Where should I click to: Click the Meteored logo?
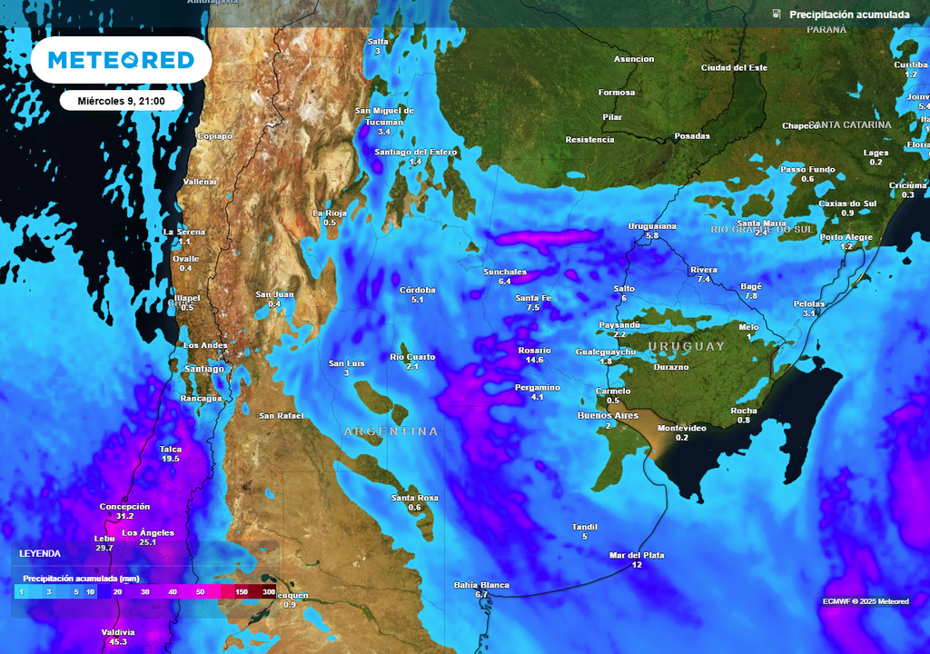(121, 60)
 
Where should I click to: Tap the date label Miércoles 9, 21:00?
(121, 101)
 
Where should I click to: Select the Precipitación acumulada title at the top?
(848, 15)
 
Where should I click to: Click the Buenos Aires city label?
(608, 415)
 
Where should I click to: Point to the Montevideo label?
(681, 428)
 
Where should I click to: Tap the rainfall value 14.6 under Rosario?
(533, 361)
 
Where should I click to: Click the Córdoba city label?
(418, 290)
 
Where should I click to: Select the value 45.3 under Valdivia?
(118, 642)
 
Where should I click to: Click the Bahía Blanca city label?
(481, 585)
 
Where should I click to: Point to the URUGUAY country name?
(686, 346)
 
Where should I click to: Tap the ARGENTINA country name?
(391, 431)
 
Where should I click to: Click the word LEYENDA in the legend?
(40, 553)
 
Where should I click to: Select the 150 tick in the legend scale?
(242, 592)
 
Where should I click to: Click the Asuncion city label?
(634, 59)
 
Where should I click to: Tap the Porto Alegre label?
(846, 237)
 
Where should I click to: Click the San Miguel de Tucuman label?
(383, 115)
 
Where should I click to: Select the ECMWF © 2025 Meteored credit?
(866, 601)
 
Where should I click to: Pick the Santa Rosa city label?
(415, 497)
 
